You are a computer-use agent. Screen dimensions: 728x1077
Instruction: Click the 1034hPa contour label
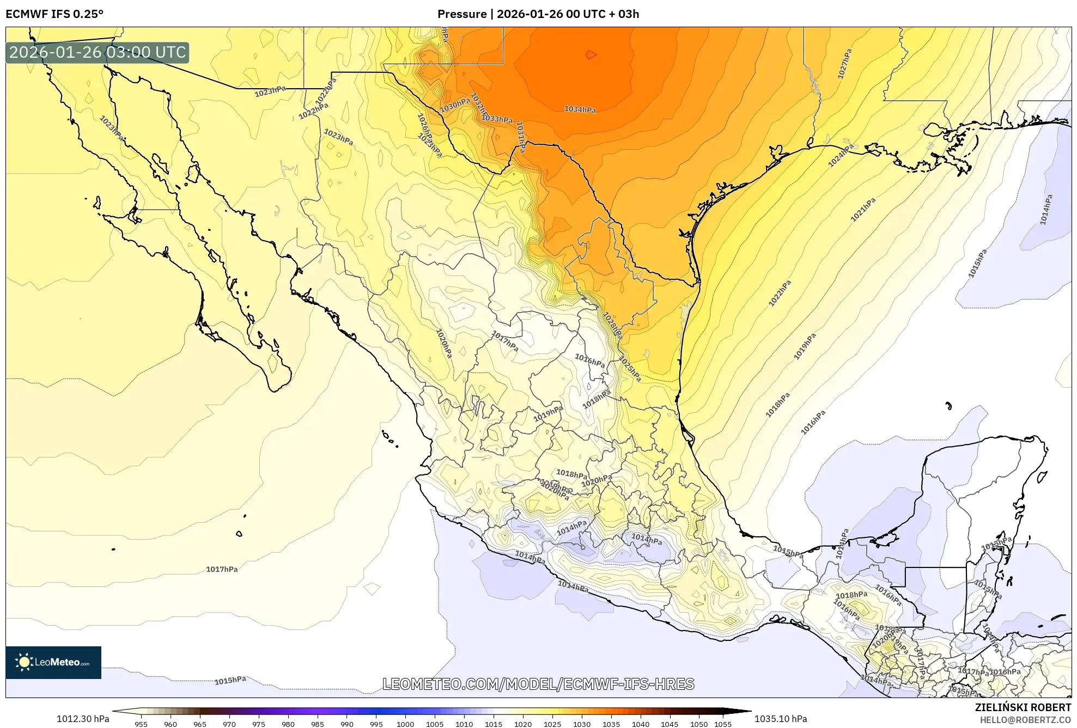pyautogui.click(x=580, y=109)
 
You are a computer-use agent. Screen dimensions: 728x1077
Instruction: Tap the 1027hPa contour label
pyautogui.click(x=844, y=64)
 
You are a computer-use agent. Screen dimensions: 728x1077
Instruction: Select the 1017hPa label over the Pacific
pyautogui.click(x=222, y=569)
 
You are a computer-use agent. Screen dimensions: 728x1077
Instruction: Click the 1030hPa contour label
pyautogui.click(x=455, y=105)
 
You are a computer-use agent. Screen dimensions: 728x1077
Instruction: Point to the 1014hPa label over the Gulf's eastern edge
pyautogui.click(x=1046, y=210)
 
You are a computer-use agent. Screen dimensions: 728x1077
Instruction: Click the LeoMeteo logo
pyautogui.click(x=53, y=662)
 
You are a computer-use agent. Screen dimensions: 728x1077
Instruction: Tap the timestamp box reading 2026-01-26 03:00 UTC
pyautogui.click(x=98, y=52)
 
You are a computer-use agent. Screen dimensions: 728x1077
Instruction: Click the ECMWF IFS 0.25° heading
pyautogui.click(x=54, y=14)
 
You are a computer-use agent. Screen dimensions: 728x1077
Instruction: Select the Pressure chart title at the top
pyautogui.click(x=538, y=14)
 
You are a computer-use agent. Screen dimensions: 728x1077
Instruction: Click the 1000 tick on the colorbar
pyautogui.click(x=405, y=724)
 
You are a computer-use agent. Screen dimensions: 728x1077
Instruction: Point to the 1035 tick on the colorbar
pyautogui.click(x=611, y=724)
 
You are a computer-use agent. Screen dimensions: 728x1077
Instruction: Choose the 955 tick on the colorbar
pyautogui.click(x=141, y=724)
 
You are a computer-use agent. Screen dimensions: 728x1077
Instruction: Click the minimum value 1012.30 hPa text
pyautogui.click(x=83, y=719)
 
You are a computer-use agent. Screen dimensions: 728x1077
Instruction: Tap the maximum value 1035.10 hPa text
pyautogui.click(x=780, y=719)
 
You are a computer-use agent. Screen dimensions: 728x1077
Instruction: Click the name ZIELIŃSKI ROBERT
pyautogui.click(x=1023, y=707)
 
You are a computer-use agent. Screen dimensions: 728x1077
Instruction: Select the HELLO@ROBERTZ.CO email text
pyautogui.click(x=1025, y=720)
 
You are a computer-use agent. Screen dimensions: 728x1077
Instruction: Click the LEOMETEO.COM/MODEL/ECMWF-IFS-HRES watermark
pyautogui.click(x=538, y=684)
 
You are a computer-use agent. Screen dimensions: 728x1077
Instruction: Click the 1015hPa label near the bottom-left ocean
pyautogui.click(x=230, y=681)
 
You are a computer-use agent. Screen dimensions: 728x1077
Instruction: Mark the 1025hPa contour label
pyautogui.click(x=630, y=369)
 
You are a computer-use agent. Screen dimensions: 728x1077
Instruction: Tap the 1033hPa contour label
pyautogui.click(x=497, y=119)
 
